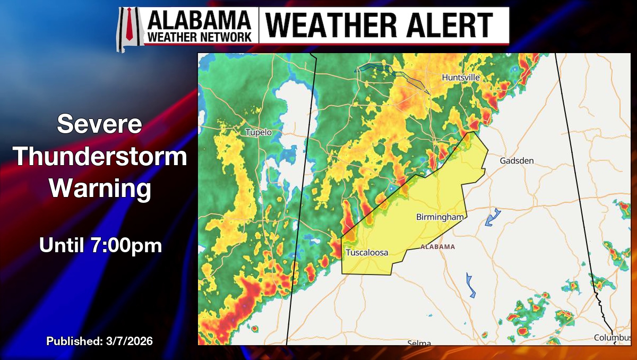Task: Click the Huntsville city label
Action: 461,78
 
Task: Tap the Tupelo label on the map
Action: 259,132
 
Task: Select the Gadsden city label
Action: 517,160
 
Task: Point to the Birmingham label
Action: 440,217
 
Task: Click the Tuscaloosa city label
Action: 367,253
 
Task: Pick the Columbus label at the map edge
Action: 612,338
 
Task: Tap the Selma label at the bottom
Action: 419,343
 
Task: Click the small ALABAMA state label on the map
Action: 438,247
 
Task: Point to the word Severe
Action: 99,125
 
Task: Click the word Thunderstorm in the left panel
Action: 100,157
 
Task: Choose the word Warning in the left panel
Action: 100,189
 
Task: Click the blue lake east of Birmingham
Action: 493,217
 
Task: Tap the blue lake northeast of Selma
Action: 470,286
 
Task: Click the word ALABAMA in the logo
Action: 200,20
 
